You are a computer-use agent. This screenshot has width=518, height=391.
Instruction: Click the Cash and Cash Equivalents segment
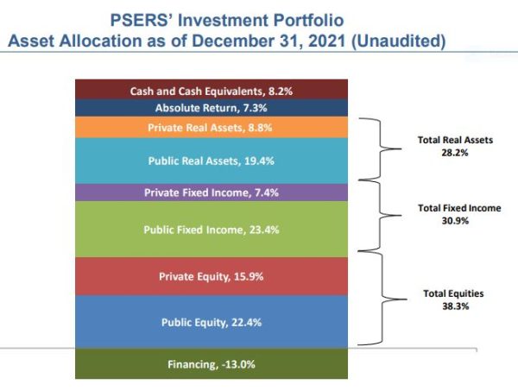pyautogui.click(x=212, y=90)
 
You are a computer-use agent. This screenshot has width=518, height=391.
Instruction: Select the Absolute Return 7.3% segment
pyautogui.click(x=212, y=108)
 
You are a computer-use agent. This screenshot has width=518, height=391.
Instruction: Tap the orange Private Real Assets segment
pyautogui.click(x=212, y=127)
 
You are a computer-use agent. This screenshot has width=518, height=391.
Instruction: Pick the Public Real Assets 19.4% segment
pyautogui.click(x=212, y=160)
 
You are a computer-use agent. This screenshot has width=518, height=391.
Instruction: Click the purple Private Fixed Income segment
pyautogui.click(x=212, y=192)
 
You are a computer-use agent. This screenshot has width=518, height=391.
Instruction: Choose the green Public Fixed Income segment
pyautogui.click(x=212, y=230)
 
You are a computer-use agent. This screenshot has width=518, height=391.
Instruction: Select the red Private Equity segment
pyautogui.click(x=212, y=276)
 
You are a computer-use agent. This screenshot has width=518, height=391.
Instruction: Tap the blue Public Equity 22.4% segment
pyautogui.click(x=212, y=322)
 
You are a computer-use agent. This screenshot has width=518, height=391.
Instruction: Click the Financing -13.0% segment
pyautogui.click(x=212, y=363)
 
